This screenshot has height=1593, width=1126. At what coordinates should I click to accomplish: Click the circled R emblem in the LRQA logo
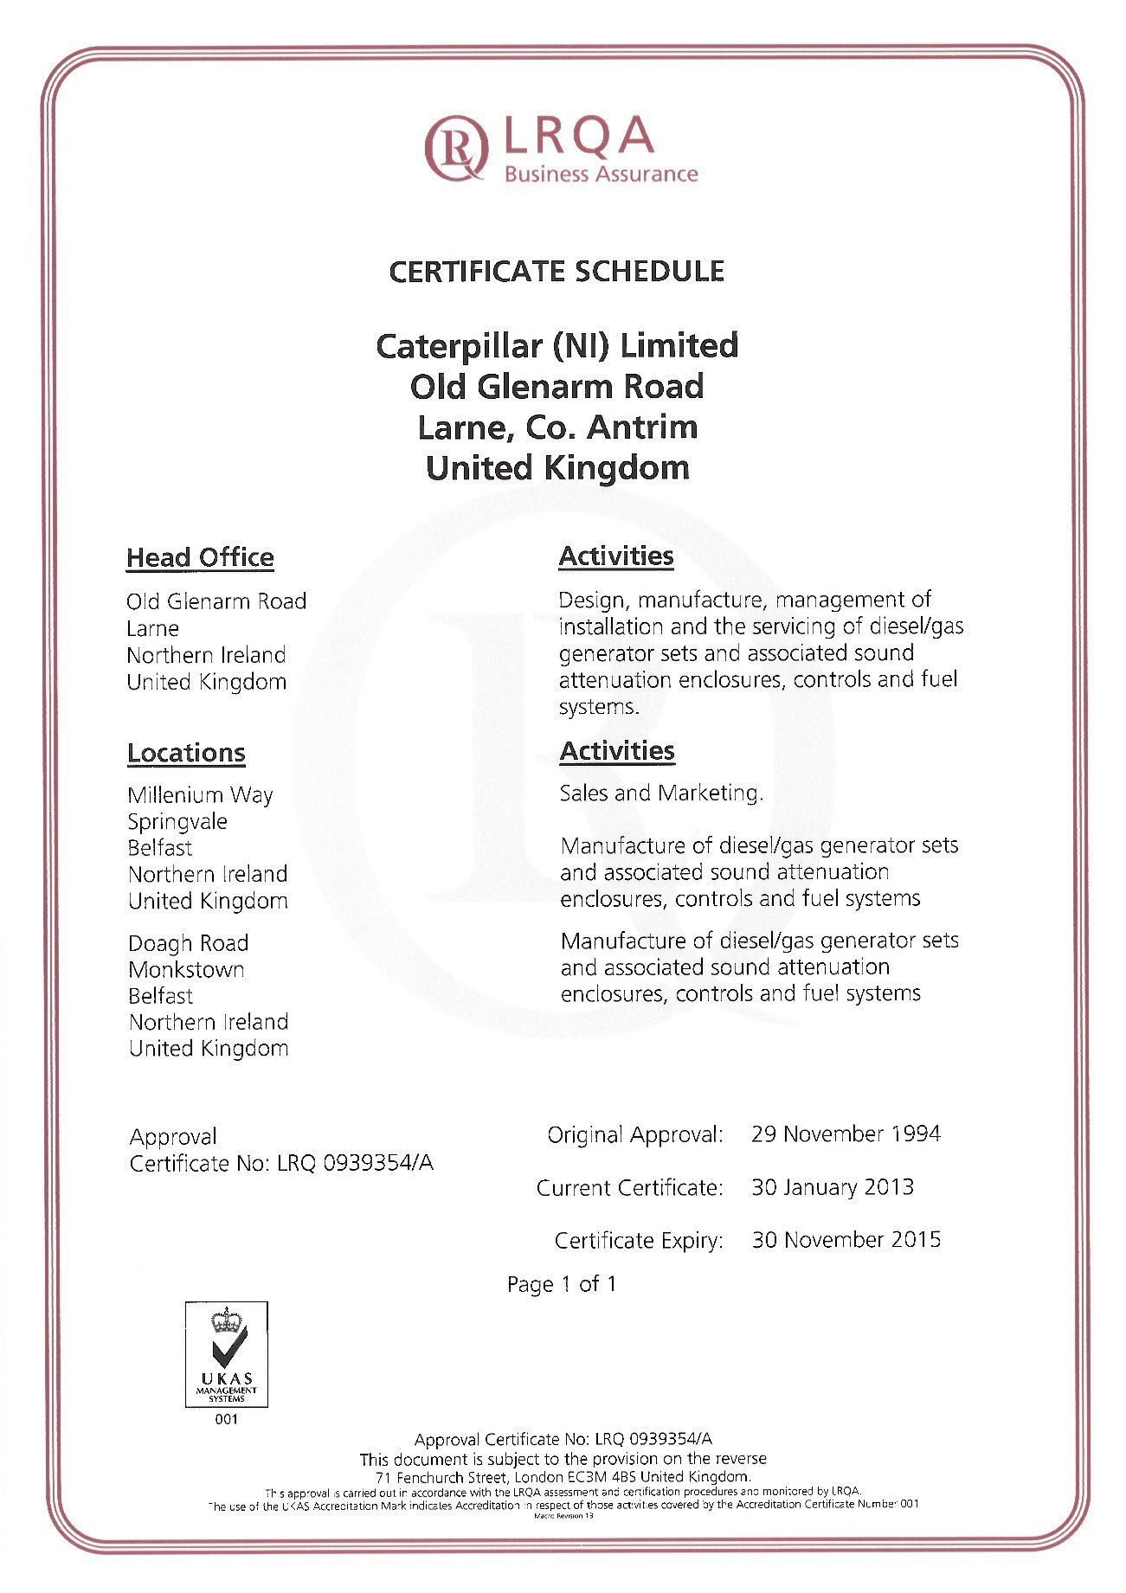pyautogui.click(x=455, y=148)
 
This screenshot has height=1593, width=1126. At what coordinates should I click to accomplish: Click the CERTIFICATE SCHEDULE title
pyautogui.click(x=557, y=272)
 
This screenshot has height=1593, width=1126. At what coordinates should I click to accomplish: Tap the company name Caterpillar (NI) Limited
pyautogui.click(x=557, y=346)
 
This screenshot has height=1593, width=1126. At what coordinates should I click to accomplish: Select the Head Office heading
pyautogui.click(x=200, y=558)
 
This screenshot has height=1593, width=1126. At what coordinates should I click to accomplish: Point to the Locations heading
pyautogui.click(x=186, y=753)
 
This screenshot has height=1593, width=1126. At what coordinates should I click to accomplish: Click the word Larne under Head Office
pyautogui.click(x=152, y=629)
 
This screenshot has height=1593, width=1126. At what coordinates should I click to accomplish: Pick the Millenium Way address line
pyautogui.click(x=200, y=795)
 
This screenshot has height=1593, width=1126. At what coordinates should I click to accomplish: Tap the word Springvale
pyautogui.click(x=177, y=822)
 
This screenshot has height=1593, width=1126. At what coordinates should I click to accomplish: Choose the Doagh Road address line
pyautogui.click(x=188, y=943)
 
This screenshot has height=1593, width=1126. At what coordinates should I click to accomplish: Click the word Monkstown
pyautogui.click(x=186, y=970)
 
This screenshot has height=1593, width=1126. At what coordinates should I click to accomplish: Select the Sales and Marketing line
pyautogui.click(x=661, y=793)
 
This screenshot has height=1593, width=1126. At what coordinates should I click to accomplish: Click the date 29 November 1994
pyautogui.click(x=846, y=1134)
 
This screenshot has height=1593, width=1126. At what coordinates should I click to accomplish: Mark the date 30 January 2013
pyautogui.click(x=833, y=1187)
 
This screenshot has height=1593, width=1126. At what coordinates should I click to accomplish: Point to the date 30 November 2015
pyautogui.click(x=846, y=1240)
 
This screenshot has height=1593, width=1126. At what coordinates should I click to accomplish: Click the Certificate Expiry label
pyautogui.click(x=639, y=1241)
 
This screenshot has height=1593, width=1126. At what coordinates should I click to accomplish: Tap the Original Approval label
pyautogui.click(x=634, y=1135)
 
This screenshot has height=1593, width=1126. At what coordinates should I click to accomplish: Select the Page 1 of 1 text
pyautogui.click(x=562, y=1284)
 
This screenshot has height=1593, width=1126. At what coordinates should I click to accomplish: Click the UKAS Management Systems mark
pyautogui.click(x=227, y=1353)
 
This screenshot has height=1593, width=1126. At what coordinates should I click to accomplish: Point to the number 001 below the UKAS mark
pyautogui.click(x=227, y=1419)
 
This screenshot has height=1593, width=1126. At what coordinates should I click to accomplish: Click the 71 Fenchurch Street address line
pyautogui.click(x=563, y=1477)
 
